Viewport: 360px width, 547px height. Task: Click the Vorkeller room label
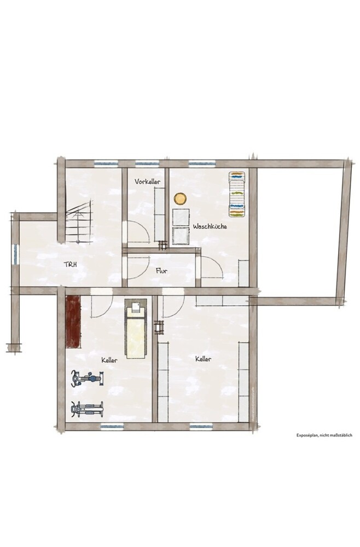tap(148, 182)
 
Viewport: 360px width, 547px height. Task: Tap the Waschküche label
tap(210, 226)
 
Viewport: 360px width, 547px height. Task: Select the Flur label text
tap(161, 270)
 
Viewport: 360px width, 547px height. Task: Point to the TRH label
tap(70, 264)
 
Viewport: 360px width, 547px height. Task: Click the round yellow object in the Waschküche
tap(181, 199)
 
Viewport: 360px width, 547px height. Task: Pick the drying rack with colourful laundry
tap(236, 194)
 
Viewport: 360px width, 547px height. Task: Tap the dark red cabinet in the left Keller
tap(73, 322)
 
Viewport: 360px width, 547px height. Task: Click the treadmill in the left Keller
tap(135, 330)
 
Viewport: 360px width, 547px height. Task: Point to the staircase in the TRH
tap(79, 222)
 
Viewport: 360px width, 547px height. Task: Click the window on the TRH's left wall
tap(15, 254)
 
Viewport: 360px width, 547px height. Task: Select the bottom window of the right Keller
tap(201, 426)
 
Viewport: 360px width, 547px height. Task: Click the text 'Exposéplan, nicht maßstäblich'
tap(324, 435)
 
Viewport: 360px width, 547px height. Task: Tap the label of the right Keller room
tap(203, 359)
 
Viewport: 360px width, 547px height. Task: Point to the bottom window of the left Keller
tap(112, 426)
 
